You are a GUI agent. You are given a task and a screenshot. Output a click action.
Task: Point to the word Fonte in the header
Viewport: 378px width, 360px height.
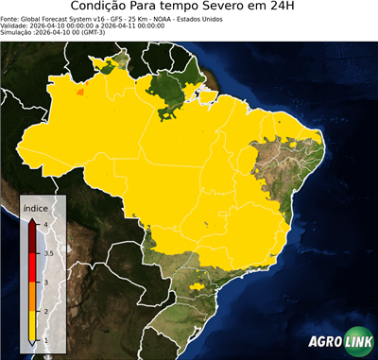pos(12,18)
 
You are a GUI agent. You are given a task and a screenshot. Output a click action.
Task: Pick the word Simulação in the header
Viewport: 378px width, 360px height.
pos(19,33)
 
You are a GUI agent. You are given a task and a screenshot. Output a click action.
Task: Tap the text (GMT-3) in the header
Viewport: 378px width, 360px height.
pos(92,33)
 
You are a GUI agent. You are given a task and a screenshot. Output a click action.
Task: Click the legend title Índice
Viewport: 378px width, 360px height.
pos(36,206)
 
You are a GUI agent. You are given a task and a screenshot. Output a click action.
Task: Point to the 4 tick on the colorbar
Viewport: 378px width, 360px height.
pos(44,225)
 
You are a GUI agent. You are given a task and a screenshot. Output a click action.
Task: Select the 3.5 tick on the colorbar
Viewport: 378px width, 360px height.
pos(47,253)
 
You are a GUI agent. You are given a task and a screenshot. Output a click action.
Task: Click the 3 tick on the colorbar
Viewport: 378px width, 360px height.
pos(44,282)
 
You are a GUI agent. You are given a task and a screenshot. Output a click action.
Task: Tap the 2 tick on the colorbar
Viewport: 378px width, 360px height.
pos(44,311)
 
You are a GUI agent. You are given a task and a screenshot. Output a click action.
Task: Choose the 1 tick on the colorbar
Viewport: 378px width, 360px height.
pos(44,340)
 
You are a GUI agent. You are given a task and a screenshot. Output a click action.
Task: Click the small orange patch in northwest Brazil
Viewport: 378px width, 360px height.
pos(79,93)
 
